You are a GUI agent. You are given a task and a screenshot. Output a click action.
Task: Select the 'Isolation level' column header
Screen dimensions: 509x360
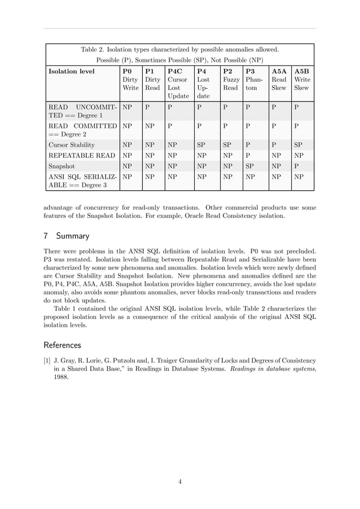[72, 72]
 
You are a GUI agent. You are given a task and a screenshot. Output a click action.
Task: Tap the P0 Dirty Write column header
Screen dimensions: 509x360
[130, 80]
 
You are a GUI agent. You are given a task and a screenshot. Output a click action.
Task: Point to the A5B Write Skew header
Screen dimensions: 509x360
[302, 80]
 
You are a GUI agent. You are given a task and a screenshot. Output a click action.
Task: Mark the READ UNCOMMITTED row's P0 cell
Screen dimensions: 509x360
[128, 107]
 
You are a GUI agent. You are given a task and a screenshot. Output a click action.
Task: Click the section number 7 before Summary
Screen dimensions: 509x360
[46, 236]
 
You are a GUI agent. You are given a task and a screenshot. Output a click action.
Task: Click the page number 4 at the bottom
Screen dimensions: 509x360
[179, 481]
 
